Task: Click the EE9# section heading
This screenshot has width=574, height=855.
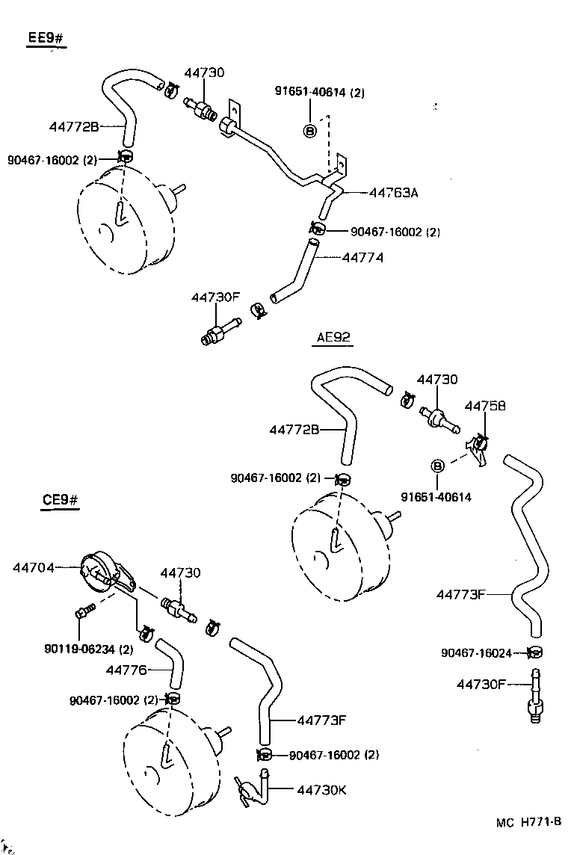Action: (46, 38)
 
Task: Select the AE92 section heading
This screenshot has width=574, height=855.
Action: (333, 337)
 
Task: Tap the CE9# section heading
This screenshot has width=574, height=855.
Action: (60, 500)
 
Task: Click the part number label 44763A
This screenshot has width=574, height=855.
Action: (393, 193)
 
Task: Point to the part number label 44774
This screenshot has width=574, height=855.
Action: (362, 257)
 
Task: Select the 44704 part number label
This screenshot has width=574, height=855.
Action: (33, 567)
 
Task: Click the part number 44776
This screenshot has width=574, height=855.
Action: (126, 670)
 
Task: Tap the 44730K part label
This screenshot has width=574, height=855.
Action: (321, 789)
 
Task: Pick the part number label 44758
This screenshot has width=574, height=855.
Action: (485, 406)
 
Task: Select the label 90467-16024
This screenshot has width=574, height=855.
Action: (476, 653)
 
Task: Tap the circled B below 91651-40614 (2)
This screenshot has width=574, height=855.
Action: (310, 131)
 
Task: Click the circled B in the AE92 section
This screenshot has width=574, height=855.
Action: (437, 466)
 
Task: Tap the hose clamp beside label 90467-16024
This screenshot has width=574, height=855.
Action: (534, 652)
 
